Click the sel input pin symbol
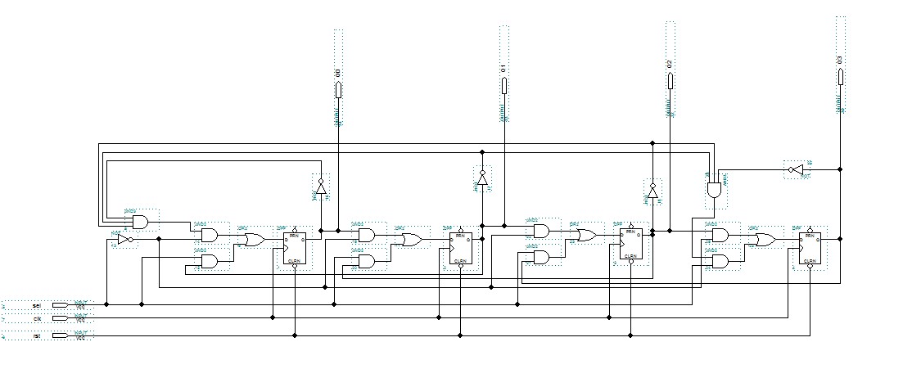coord(60,304)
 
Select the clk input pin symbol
coord(60,318)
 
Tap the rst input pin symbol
coord(60,335)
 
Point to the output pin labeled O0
coord(338,88)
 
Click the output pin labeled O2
coord(670,80)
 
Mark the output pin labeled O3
coord(839,76)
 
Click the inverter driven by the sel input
coord(123,240)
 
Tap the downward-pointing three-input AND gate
coord(714,188)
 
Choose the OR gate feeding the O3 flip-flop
coord(765,240)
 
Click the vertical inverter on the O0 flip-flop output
coord(321,187)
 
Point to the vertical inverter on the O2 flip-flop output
coord(652,192)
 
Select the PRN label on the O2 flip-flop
coord(630,232)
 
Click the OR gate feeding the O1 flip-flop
coord(411,240)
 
